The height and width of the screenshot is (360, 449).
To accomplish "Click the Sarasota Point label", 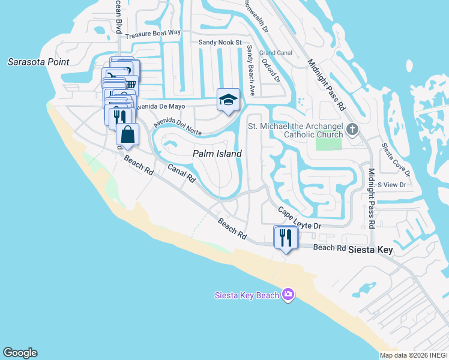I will pyautogui.click(x=38, y=62).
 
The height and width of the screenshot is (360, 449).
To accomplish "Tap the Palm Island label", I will pyautogui.click(x=217, y=154).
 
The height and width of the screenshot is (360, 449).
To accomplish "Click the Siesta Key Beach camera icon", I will pyautogui.click(x=288, y=294).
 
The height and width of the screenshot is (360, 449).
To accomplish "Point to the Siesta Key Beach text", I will pyautogui.click(x=247, y=295).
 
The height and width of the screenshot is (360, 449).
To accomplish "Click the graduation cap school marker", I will pyautogui.click(x=228, y=100).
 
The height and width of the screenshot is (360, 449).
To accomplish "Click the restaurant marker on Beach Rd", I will pyautogui.click(x=285, y=237).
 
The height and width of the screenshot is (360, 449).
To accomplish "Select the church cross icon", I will pyautogui.click(x=352, y=128).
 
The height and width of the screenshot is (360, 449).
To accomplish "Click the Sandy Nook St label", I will pyautogui.click(x=220, y=43).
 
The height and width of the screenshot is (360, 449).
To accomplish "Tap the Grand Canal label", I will pyautogui.click(x=276, y=53).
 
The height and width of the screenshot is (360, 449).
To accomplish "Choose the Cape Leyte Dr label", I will pyautogui.click(x=300, y=218).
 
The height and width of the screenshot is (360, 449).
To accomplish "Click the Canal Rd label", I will pyautogui.click(x=181, y=173).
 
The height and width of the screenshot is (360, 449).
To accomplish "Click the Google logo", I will pyautogui.click(x=20, y=353).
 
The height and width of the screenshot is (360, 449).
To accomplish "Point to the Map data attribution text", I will pyautogui.click(x=414, y=355).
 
